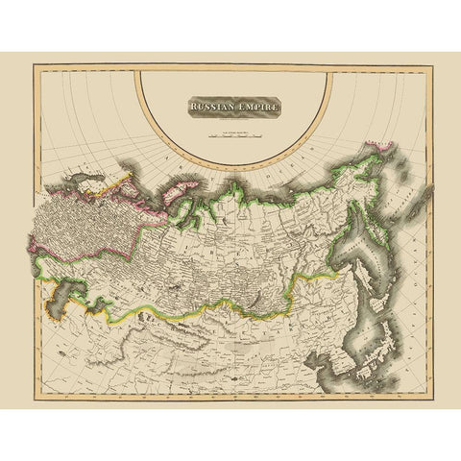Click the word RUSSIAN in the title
click(x=206, y=109)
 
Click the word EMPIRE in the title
click(x=255, y=109)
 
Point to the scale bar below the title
click(x=233, y=133)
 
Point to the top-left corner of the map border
click(x=34, y=64)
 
